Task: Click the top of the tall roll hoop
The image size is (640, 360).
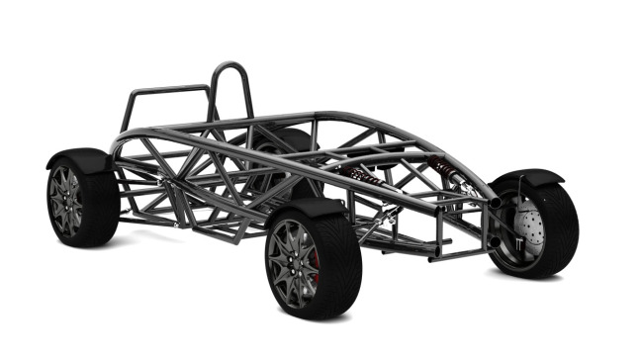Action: tap(230, 64)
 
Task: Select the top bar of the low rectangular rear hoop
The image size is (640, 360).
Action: tap(168, 88)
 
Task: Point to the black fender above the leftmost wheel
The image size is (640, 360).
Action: tap(79, 159)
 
